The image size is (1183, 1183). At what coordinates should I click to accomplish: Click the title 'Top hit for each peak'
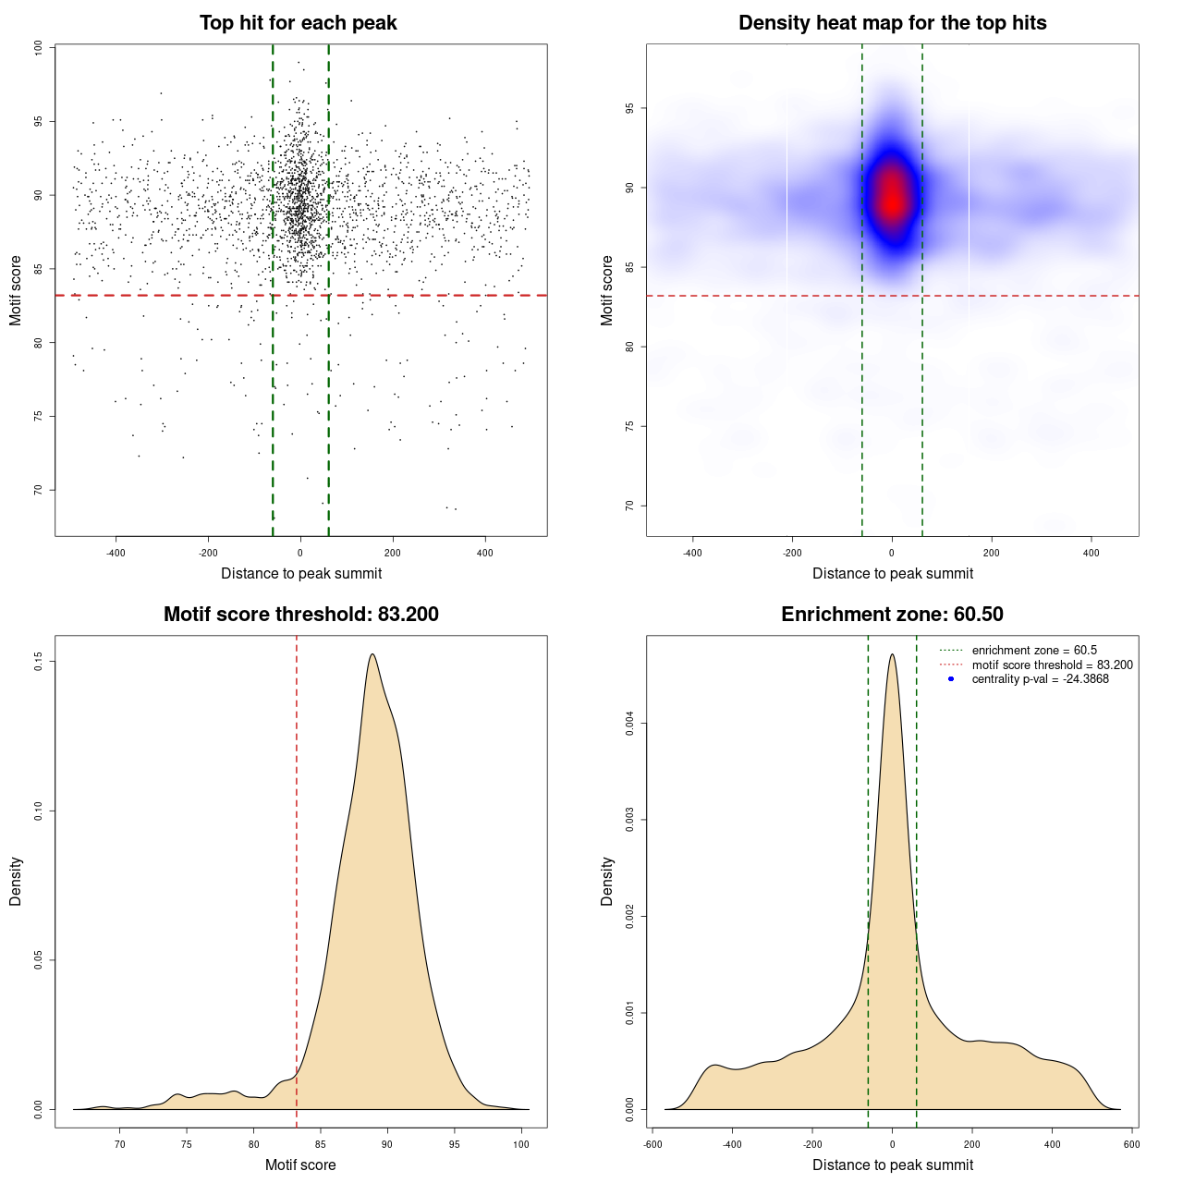pyautogui.click(x=299, y=23)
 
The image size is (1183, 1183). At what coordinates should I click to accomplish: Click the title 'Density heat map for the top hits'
pyautogui.click(x=892, y=23)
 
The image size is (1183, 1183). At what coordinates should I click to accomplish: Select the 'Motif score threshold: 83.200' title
pyautogui.click(x=300, y=615)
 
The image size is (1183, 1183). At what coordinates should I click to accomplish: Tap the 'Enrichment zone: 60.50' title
pyautogui.click(x=892, y=615)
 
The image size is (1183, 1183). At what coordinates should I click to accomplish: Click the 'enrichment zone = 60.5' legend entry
pyautogui.click(x=1034, y=651)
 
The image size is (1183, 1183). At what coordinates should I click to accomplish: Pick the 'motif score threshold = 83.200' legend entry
pyautogui.click(x=1052, y=665)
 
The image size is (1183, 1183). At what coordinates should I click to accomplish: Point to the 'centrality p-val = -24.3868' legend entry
pyautogui.click(x=1040, y=679)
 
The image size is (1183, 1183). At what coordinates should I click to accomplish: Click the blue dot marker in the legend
pyautogui.click(x=951, y=679)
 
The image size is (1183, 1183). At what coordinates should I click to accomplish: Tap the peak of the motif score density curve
pyautogui.click(x=372, y=654)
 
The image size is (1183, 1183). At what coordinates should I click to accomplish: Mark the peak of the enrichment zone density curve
pyautogui.click(x=892, y=654)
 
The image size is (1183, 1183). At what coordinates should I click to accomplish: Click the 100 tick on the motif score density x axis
pyautogui.click(x=521, y=1144)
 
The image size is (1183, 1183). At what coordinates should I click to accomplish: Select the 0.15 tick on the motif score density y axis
pyautogui.click(x=38, y=662)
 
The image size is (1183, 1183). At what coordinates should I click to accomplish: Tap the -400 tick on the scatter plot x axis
pyautogui.click(x=116, y=553)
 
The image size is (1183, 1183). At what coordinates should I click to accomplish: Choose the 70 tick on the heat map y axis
pyautogui.click(x=629, y=506)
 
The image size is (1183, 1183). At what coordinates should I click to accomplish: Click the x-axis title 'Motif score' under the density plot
pyautogui.click(x=300, y=1165)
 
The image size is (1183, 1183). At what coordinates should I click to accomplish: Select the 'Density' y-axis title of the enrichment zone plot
pyautogui.click(x=607, y=881)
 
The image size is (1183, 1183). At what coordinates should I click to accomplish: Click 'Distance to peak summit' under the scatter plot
pyautogui.click(x=301, y=574)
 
